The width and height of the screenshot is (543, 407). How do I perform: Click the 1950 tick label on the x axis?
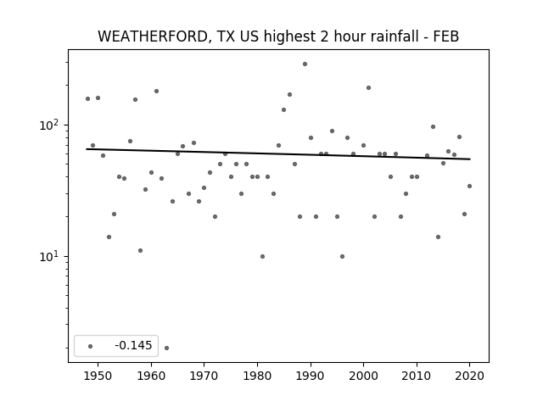(98, 376)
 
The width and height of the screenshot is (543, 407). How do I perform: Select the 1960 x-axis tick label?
(151, 376)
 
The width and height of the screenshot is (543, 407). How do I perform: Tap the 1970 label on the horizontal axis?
(204, 376)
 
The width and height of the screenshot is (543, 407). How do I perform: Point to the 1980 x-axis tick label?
(257, 376)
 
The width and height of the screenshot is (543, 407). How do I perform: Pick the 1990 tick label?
(311, 376)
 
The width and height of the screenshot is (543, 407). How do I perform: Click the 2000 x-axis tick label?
(363, 376)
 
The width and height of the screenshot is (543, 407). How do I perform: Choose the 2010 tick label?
(417, 376)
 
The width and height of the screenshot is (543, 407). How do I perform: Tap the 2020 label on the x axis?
(469, 376)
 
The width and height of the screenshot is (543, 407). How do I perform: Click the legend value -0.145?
(133, 345)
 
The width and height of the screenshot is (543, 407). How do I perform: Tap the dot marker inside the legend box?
(91, 346)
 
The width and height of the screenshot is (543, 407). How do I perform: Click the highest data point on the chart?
(305, 64)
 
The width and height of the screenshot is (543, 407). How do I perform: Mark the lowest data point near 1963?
(166, 348)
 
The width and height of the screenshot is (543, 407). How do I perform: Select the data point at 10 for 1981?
(262, 256)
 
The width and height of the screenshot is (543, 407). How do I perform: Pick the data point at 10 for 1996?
(342, 256)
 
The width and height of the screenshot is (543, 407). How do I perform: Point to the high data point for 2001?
(368, 88)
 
